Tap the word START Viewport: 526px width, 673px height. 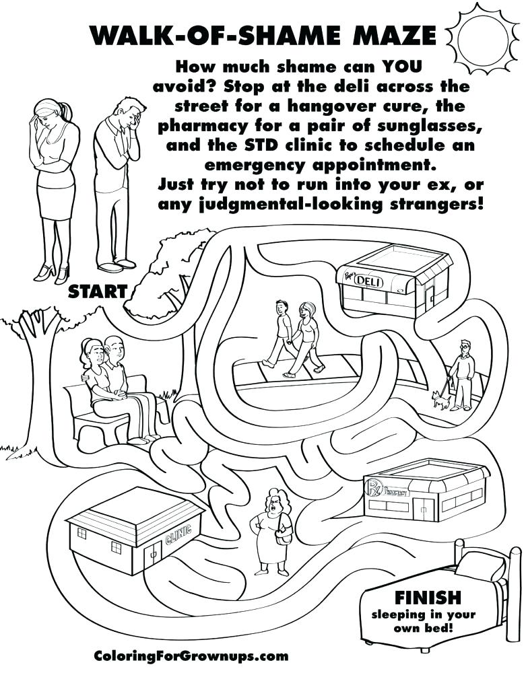(x=98, y=291)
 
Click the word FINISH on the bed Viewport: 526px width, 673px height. (x=422, y=598)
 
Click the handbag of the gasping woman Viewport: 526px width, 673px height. (x=284, y=536)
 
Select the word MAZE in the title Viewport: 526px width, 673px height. (x=394, y=35)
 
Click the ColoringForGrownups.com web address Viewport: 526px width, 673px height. (x=191, y=656)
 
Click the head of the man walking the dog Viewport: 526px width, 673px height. (x=465, y=347)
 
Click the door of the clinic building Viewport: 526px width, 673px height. (x=154, y=557)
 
